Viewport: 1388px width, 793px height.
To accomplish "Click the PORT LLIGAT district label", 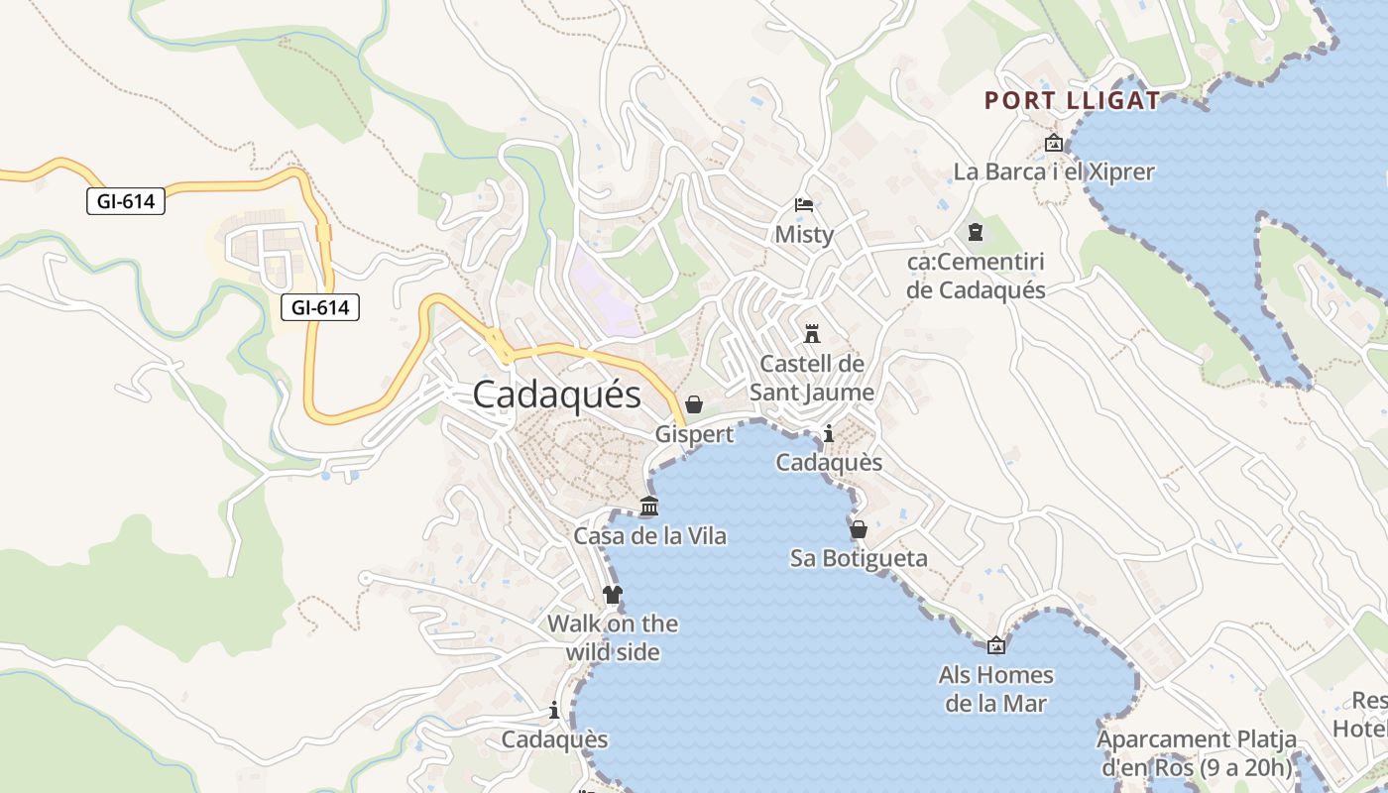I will [x=1072, y=100].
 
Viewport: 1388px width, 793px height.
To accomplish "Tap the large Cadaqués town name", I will [x=556, y=395].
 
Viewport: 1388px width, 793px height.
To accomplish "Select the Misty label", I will [x=804, y=235].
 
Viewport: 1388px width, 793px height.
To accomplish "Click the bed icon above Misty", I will [x=804, y=205].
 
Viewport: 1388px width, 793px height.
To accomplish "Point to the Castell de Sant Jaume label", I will [x=812, y=378].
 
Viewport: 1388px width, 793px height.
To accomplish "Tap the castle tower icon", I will [x=812, y=332].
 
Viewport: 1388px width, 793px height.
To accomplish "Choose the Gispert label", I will [x=694, y=434].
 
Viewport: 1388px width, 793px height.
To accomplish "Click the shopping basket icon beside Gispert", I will [x=694, y=404].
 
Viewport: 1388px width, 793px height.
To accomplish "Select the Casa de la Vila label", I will [x=650, y=536].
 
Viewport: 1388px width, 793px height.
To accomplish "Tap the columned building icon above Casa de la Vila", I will [x=649, y=507].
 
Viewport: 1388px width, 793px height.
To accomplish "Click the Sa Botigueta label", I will [x=859, y=558].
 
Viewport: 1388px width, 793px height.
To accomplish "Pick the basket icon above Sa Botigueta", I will [x=859, y=528].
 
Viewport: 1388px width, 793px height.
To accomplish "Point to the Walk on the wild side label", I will [x=613, y=637].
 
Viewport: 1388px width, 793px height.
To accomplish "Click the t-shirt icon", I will [x=613, y=595].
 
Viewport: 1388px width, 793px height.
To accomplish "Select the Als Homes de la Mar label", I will [x=996, y=689].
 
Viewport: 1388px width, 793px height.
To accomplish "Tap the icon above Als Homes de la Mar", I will [x=996, y=646].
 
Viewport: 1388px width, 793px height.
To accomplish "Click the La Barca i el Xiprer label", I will [x=1054, y=171].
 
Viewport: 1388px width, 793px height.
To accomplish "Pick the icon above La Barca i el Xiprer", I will [x=1054, y=144].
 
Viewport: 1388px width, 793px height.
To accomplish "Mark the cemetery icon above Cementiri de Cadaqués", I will [x=976, y=232].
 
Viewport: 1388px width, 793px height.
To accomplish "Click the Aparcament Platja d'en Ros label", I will [x=1197, y=753].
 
